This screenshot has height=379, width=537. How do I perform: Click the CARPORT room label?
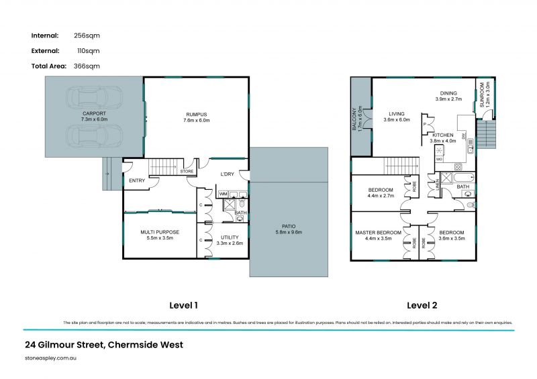click(94, 113)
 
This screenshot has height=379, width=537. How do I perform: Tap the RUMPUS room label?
click(196, 113)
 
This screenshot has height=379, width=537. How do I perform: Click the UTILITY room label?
click(230, 237)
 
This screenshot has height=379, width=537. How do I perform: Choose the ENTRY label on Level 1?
click(137, 180)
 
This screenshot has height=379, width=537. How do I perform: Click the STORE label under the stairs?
click(187, 172)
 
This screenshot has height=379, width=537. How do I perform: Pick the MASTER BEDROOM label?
click(378, 232)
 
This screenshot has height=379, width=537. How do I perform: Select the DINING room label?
click(448, 93)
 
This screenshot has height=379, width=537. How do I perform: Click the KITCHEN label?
click(442, 135)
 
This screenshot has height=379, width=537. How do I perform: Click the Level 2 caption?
click(422, 305)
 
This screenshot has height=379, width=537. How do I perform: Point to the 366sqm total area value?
click(87, 66)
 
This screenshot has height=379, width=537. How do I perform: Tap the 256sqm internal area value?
click(87, 36)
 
